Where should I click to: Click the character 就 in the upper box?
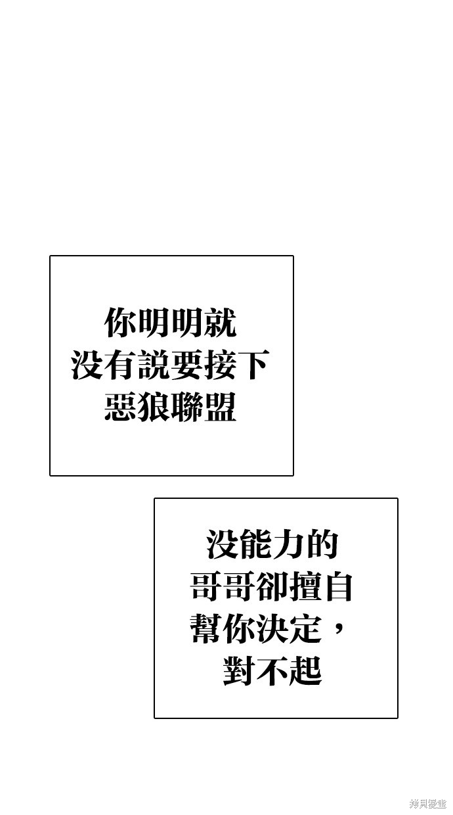221,322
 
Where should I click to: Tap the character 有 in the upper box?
121,364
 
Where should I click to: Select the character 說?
154,364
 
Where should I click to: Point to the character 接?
221,364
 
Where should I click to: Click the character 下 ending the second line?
254,364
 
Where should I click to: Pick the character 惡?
121,406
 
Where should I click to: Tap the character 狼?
154,406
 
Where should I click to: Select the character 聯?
187,406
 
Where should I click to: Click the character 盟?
221,406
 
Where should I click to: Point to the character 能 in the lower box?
256,544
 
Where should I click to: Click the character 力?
290,544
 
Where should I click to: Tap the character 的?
322,544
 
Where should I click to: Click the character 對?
239,670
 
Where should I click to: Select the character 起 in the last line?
306,670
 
